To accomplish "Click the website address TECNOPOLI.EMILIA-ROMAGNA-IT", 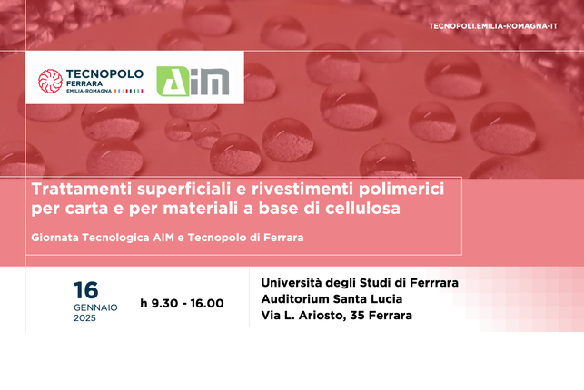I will point(506,26).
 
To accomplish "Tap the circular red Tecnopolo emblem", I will point(50,82).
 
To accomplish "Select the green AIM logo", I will point(193,81).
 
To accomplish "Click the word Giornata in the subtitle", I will point(58,238).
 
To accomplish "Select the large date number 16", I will point(86,290).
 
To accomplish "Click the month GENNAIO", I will point(95,307).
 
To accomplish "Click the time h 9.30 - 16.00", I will point(182,303).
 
